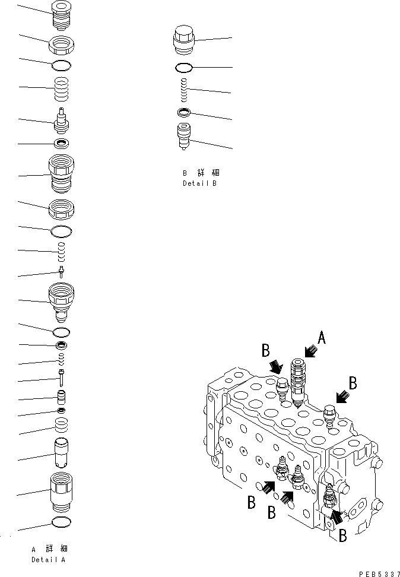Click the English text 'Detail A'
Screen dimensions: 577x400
pyautogui.click(x=49, y=560)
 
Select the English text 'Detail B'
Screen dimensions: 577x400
pyautogui.click(x=199, y=183)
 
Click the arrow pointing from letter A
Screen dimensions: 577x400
pyautogui.click(x=310, y=353)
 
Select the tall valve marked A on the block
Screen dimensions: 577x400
pyautogui.click(x=298, y=380)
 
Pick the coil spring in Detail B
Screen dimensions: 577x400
pyautogui.click(x=184, y=91)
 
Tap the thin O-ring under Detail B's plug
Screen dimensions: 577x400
pyautogui.click(x=184, y=66)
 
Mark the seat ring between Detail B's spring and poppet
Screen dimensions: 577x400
pyautogui.click(x=184, y=113)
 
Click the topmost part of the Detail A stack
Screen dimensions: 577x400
pyautogui.click(x=61, y=15)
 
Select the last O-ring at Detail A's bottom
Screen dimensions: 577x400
pyautogui.click(x=62, y=521)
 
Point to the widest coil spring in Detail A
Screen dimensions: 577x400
pyautogui.click(x=62, y=91)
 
